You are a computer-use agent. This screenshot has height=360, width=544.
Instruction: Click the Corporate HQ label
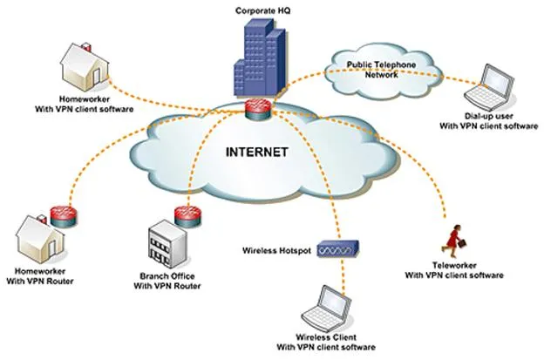263,10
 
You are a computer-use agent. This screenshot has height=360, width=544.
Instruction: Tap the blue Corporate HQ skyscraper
260,58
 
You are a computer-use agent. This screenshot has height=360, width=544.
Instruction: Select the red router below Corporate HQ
258,109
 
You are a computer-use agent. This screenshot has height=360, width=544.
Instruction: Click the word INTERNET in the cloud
256,153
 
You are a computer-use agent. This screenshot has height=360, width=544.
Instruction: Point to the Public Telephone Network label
381,70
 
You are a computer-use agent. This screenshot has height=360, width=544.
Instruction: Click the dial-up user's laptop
490,87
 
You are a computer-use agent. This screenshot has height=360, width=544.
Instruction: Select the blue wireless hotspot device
337,248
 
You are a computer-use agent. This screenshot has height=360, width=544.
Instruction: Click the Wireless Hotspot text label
276,250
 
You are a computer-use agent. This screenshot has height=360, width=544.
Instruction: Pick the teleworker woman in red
453,238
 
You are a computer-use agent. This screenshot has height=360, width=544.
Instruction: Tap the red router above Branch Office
187,217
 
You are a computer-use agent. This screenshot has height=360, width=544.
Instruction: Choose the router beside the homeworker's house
63,216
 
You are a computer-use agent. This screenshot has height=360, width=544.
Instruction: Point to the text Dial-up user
488,116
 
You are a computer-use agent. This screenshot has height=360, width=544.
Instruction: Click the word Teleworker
454,265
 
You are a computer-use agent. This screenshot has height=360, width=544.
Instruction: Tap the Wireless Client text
326,337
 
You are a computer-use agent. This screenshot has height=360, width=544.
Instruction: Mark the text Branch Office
167,276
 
